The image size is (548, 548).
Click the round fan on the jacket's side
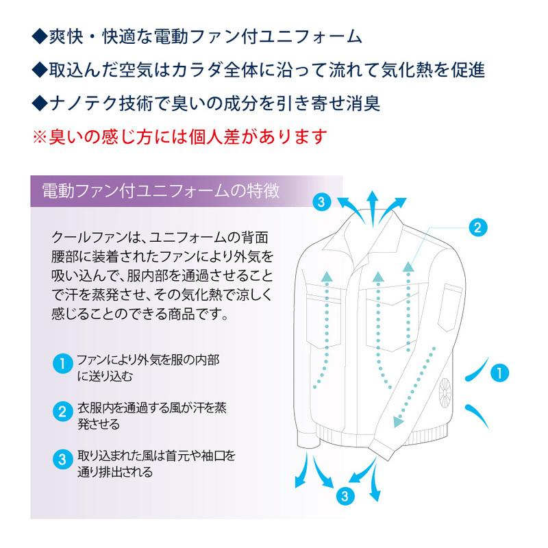point(444,395)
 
